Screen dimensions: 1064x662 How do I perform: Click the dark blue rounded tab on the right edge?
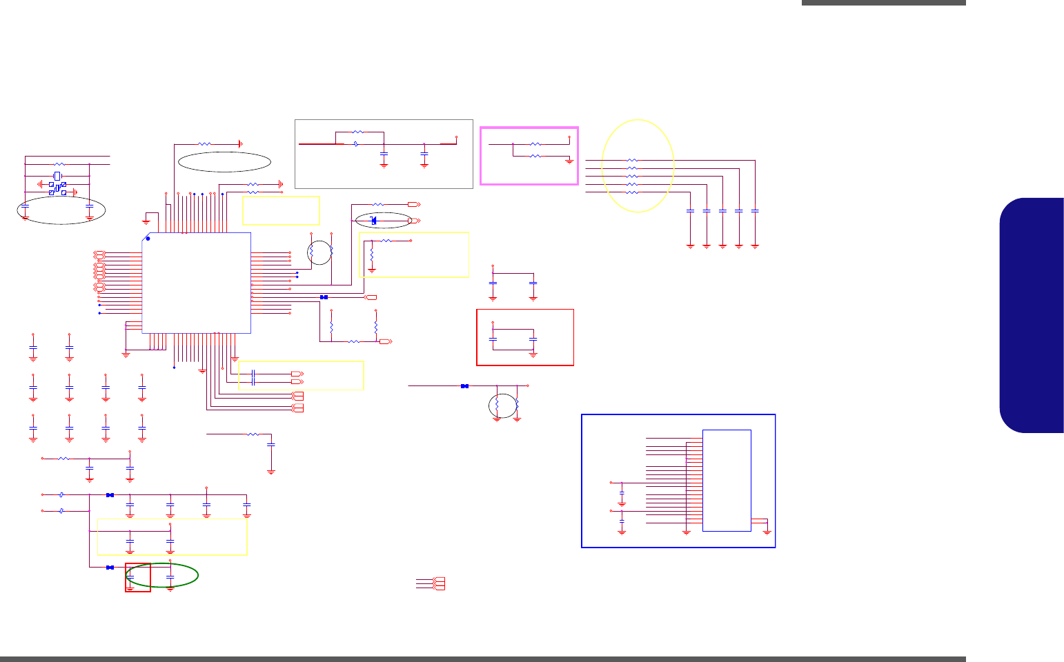1032,315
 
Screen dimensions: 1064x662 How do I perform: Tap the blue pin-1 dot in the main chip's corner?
148,239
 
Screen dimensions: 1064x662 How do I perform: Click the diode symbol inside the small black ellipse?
373,221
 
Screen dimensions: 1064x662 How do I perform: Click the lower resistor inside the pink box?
535,157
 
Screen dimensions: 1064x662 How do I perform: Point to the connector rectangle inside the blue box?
727,480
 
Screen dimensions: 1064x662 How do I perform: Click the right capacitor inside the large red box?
533,339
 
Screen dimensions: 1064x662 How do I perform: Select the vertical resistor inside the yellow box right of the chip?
372,256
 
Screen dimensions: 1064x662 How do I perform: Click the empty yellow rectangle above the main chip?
281,210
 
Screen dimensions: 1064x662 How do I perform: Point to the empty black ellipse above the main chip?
224,161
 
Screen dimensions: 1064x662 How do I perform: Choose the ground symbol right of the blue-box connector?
767,530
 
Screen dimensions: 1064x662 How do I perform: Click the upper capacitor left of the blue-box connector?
622,494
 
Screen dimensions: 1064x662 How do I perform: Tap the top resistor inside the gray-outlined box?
357,132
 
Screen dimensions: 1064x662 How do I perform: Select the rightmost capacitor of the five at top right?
756,210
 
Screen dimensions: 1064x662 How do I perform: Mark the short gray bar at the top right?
883,3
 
